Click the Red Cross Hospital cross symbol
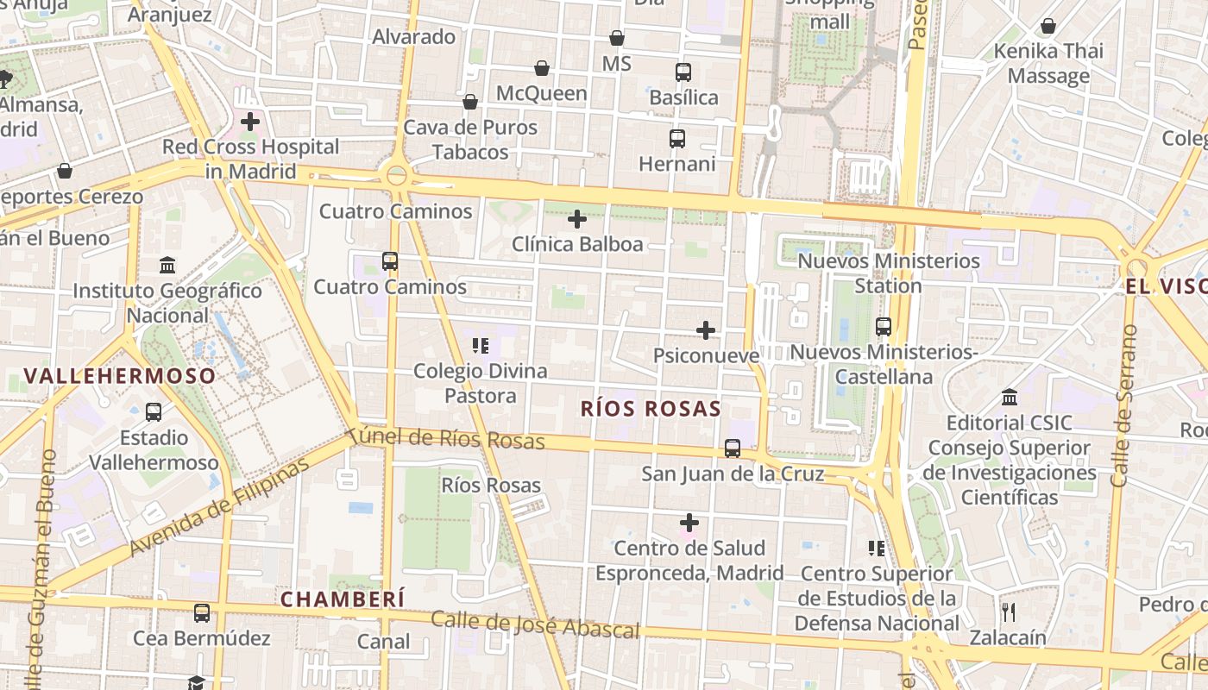click(250, 122)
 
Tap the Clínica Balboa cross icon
click(577, 219)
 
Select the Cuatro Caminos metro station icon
click(390, 260)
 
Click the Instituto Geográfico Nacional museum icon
click(167, 265)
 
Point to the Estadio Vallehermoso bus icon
click(154, 412)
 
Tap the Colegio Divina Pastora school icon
click(481, 346)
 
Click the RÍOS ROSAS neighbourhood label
click(651, 409)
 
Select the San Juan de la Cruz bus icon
click(733, 448)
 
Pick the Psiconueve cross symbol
click(706, 330)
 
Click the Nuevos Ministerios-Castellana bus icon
click(884, 327)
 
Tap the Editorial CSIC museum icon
click(1010, 398)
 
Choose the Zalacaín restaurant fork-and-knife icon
click(1008, 612)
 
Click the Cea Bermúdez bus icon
click(202, 613)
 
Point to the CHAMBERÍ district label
click(343, 599)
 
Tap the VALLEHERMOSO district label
click(119, 376)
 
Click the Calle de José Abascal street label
click(535, 624)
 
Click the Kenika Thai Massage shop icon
click(1048, 26)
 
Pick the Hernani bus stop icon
click(677, 138)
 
